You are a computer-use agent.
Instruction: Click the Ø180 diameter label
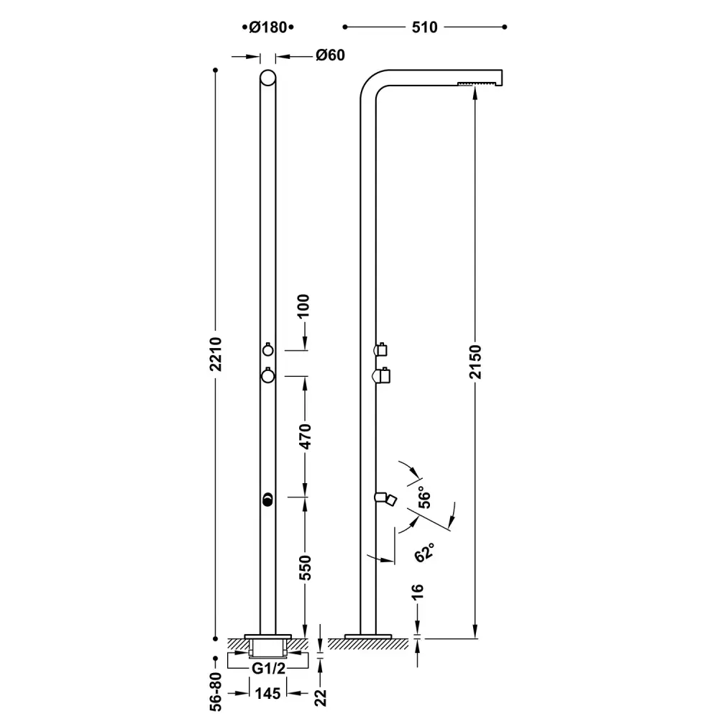pos(267,27)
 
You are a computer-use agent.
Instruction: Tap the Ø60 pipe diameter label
pos(330,55)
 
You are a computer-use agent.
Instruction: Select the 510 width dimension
pos(425,27)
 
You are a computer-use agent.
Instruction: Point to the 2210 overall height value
pos(216,354)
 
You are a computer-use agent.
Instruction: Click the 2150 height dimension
pos(475,362)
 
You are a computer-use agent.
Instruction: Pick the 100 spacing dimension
pos(303,306)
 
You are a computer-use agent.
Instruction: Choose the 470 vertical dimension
pos(305,436)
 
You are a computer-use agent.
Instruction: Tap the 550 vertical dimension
pos(305,568)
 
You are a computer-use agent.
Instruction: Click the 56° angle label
pos(425,499)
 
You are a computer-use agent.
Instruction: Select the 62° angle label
pos(424,552)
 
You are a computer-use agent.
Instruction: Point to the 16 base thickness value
pos(417,592)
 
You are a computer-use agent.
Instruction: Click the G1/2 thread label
pos(268,669)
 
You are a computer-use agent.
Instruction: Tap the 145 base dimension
pos(267,693)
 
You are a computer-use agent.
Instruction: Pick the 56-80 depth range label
pos(216,692)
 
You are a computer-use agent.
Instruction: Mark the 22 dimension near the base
pos(321,697)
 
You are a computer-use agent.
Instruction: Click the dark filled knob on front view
pos(267,500)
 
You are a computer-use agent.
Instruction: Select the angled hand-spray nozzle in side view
pos(385,499)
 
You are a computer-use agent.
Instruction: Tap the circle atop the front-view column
pos(267,78)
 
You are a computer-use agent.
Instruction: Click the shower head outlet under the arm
pos(477,83)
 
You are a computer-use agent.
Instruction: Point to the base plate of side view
pos(368,636)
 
